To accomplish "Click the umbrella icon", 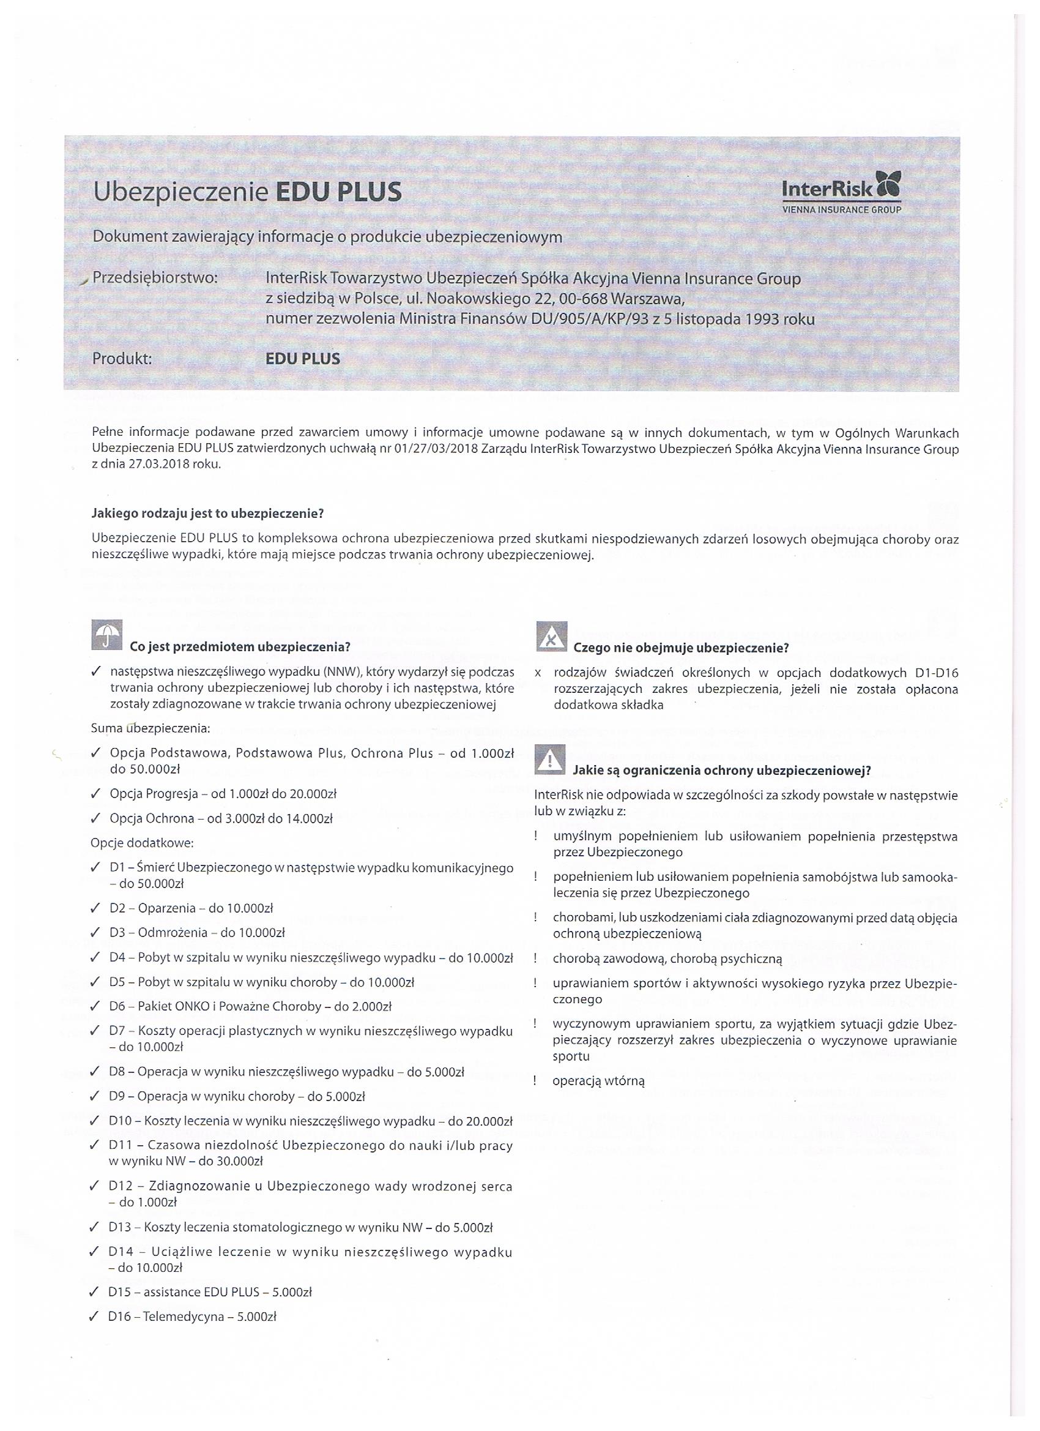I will click(x=107, y=635).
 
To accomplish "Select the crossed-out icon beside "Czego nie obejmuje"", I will click(x=551, y=637).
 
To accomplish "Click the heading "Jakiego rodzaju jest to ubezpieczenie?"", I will click(x=207, y=514).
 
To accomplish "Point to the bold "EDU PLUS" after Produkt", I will click(x=303, y=359).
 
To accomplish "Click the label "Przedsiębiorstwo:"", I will click(x=155, y=278).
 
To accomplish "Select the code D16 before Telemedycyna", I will click(x=122, y=1317).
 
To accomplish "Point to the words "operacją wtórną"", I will click(x=598, y=1081).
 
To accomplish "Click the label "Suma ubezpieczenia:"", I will click(x=150, y=729).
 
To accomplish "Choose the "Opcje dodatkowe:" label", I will click(x=143, y=843).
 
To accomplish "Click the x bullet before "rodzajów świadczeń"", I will click(x=537, y=673).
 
